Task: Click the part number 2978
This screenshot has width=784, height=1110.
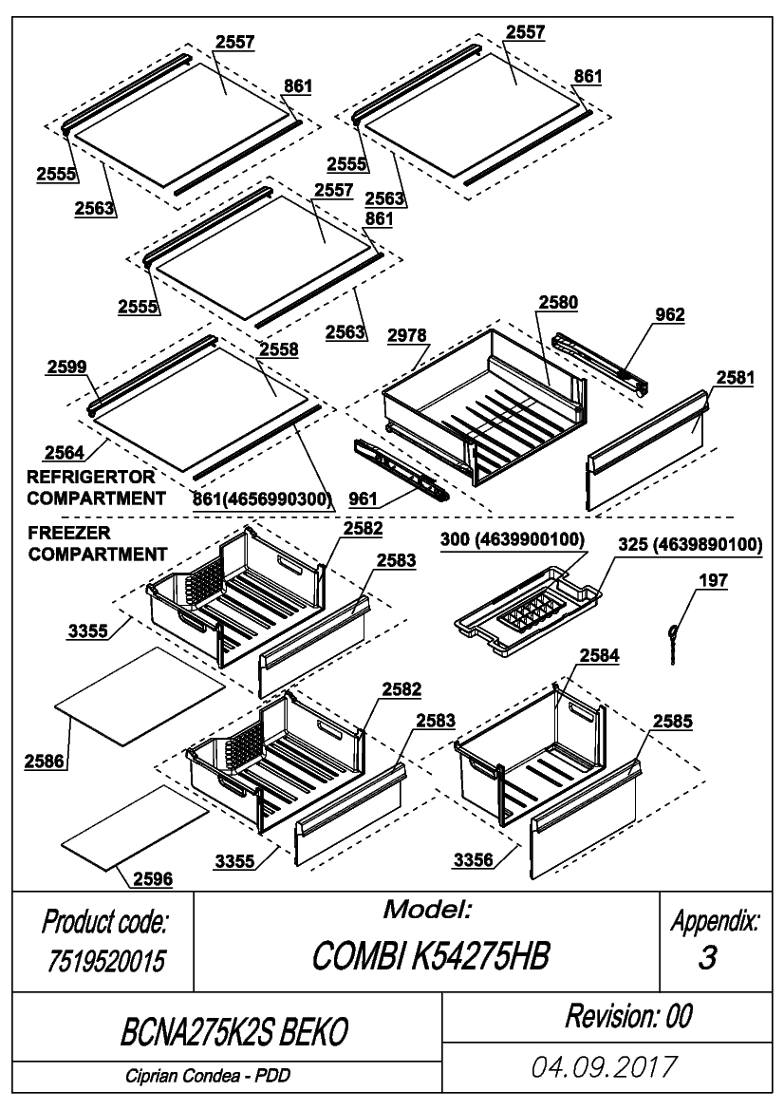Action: (x=407, y=335)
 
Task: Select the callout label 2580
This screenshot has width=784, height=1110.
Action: (x=558, y=302)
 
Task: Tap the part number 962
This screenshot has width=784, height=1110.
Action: (x=670, y=314)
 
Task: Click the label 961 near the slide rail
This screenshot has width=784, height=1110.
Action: (x=363, y=499)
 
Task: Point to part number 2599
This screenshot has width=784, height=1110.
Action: (x=67, y=367)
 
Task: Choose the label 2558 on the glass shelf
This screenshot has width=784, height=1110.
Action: (x=279, y=349)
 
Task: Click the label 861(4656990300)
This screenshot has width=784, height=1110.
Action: (x=263, y=499)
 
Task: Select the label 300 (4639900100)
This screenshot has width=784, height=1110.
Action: (x=513, y=539)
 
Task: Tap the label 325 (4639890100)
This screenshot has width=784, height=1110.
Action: (x=690, y=544)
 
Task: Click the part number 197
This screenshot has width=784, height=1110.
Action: (x=713, y=580)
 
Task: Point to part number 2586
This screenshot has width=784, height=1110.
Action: (x=44, y=762)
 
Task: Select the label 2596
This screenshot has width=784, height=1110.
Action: (x=153, y=878)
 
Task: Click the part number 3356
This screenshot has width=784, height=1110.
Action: (x=474, y=860)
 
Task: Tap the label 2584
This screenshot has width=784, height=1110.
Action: (x=599, y=655)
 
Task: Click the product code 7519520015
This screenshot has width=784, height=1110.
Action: (x=105, y=961)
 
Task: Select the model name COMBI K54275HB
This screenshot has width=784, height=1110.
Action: (x=430, y=956)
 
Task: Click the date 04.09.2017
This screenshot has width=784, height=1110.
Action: (x=605, y=1067)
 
